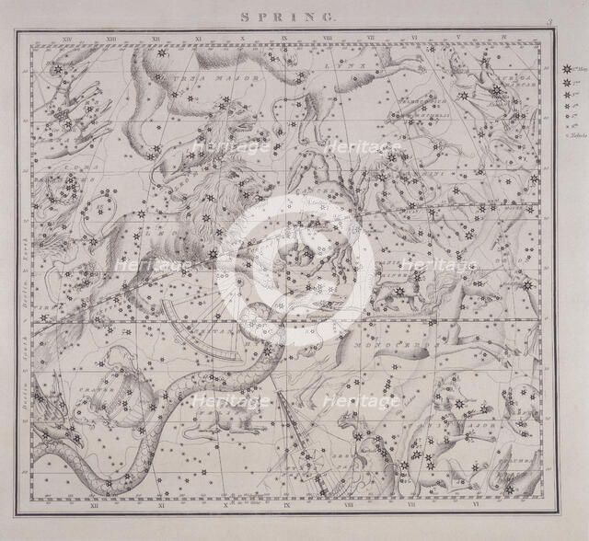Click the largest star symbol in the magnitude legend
pyautogui.click(x=564, y=69)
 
